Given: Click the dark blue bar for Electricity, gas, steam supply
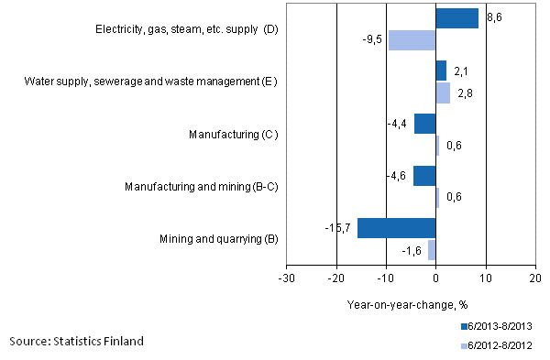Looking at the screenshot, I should (456, 18).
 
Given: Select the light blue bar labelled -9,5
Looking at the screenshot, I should (412, 40).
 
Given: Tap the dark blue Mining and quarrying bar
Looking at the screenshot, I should (396, 228).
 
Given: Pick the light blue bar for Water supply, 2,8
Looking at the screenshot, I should (443, 93).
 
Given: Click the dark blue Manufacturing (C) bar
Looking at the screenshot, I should (424, 124).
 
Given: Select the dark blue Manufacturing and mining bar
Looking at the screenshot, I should (423, 176).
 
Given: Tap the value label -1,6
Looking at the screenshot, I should (412, 250).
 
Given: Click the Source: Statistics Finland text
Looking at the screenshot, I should (77, 342).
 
